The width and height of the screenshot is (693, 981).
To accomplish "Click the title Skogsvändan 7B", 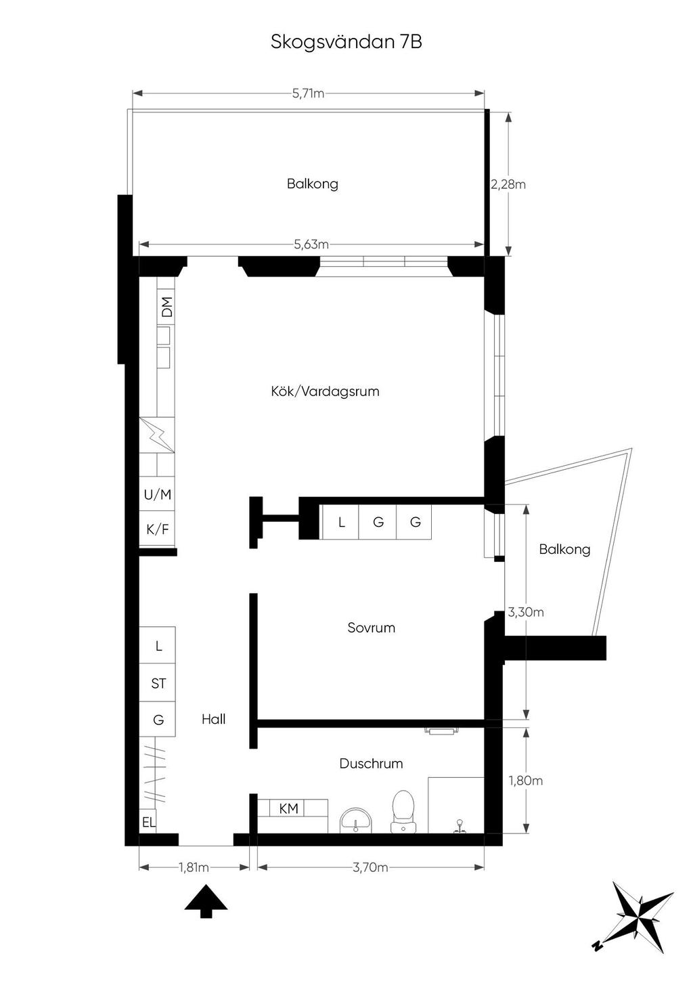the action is click(346, 43).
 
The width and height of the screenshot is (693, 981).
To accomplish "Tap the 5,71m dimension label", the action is click(308, 93).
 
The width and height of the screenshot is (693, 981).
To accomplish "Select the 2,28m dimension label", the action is click(508, 184).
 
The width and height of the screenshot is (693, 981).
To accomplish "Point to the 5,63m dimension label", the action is click(311, 244).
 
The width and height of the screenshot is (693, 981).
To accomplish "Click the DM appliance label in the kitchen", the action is click(166, 307).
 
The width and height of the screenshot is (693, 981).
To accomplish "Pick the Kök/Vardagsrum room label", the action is click(325, 391).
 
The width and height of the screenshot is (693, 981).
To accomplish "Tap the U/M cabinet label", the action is click(158, 495).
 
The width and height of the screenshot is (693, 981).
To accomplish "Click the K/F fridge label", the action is click(158, 529).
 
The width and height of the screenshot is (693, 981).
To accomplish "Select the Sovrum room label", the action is click(372, 628).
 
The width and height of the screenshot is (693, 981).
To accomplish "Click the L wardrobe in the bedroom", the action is click(342, 521).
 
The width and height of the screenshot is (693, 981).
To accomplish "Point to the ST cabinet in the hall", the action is click(158, 683).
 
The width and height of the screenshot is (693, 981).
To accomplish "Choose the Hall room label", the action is click(214, 719).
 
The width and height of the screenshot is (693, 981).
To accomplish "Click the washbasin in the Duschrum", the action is click(355, 819).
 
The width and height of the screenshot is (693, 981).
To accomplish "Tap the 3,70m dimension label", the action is click(370, 867).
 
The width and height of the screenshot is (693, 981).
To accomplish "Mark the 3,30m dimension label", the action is click(526, 612).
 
